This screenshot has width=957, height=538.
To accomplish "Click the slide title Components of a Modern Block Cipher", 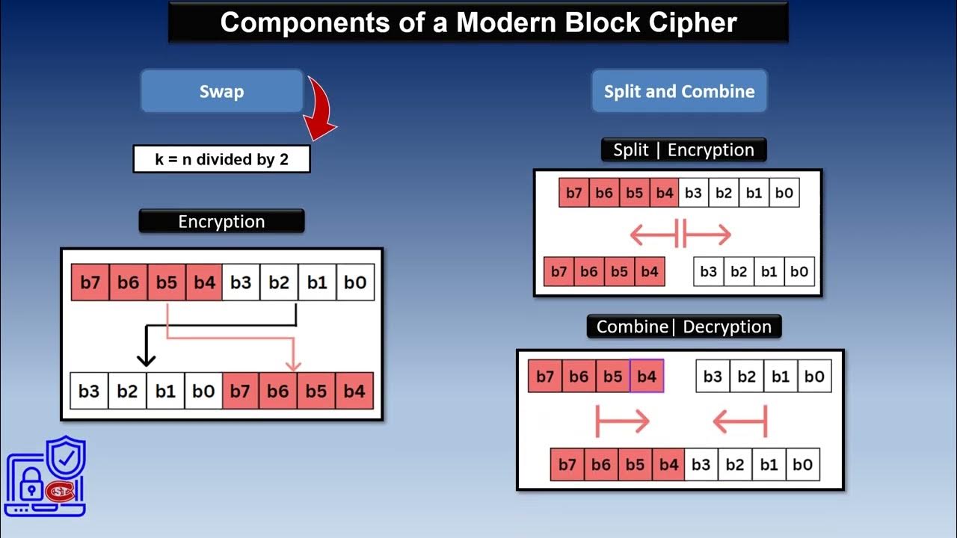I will click(478, 22).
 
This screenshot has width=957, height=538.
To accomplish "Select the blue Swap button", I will click(221, 92).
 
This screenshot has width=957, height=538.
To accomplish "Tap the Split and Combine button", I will click(679, 92).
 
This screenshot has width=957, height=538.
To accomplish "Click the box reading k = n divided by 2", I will click(221, 159).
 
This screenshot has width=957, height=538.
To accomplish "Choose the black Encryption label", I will click(221, 222).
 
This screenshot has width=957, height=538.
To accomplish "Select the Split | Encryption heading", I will click(683, 150).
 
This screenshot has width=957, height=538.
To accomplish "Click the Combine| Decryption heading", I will click(683, 327).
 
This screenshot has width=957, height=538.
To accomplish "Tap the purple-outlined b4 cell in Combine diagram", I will click(647, 377).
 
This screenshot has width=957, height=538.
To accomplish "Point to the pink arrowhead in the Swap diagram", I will click(294, 364).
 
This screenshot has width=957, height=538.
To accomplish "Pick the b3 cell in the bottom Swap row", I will click(89, 391).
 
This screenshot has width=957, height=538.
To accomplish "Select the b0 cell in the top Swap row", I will click(355, 282).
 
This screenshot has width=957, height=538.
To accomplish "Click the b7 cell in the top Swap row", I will click(90, 282).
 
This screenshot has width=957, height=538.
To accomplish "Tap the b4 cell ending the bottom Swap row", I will click(354, 391).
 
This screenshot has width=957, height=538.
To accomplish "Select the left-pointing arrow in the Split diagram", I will click(652, 235).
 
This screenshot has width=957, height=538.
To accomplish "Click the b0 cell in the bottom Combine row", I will click(802, 465).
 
